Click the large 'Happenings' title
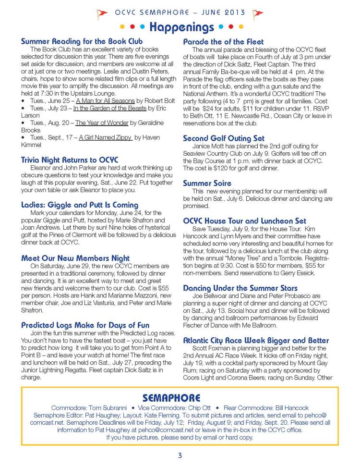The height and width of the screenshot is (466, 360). click(181, 27)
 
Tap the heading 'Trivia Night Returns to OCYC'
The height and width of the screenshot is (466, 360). click(70, 159)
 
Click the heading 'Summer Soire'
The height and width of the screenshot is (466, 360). click(207, 183)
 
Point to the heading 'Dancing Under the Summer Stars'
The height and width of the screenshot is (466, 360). click(240, 288)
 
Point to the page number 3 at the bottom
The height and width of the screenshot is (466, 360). click(180, 455)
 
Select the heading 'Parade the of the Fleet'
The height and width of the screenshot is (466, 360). click(224, 42)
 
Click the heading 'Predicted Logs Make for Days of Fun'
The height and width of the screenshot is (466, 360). click(85, 325)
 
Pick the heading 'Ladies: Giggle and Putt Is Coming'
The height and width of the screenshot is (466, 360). click(80, 205)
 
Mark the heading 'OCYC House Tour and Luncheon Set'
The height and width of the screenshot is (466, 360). click(245, 221)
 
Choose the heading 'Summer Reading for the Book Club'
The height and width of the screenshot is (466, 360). click(82, 42)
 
